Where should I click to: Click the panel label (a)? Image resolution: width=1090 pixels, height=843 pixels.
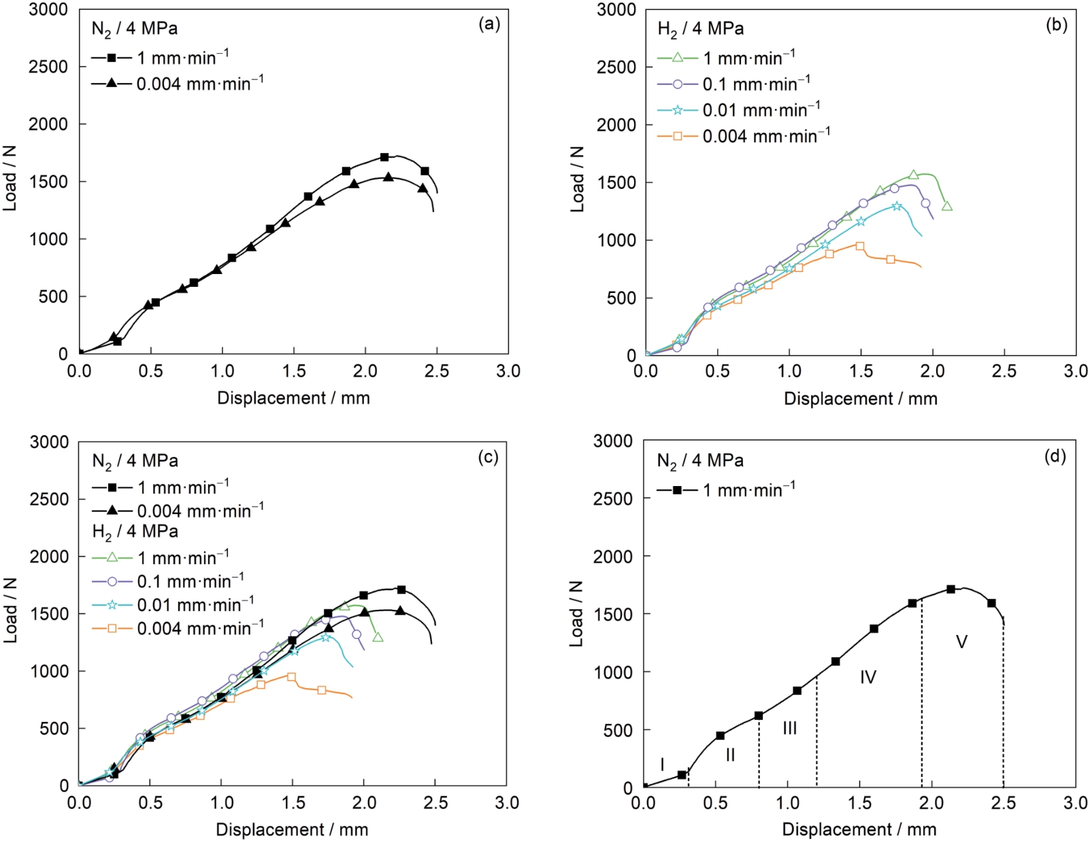pyautogui.click(x=489, y=25)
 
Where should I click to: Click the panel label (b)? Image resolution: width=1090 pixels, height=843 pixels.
pyautogui.click(x=1056, y=25)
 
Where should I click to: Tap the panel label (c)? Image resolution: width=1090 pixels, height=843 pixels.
pyautogui.click(x=488, y=457)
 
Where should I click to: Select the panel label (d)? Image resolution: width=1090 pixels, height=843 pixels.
pyautogui.click(x=1055, y=456)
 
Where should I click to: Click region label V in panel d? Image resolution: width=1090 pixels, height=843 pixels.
pyautogui.click(x=961, y=642)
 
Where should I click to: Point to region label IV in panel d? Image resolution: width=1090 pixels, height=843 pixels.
pyautogui.click(x=868, y=677)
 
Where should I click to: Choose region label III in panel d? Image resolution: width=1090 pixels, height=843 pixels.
pyautogui.click(x=789, y=728)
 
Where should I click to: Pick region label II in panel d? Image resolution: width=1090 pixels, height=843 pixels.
pyautogui.click(x=730, y=755)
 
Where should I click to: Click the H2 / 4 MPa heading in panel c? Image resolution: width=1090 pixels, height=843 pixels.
pyautogui.click(x=135, y=532)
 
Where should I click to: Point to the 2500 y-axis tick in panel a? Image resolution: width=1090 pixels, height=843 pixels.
pyautogui.click(x=49, y=67)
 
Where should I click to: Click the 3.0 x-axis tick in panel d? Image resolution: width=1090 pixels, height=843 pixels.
pyautogui.click(x=1076, y=804)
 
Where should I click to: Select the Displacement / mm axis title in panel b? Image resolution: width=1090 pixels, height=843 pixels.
pyautogui.click(x=860, y=398)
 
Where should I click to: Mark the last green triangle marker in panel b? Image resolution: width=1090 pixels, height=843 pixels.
pyautogui.click(x=946, y=206)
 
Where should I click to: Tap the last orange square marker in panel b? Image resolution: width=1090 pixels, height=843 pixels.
pyautogui.click(x=891, y=259)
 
